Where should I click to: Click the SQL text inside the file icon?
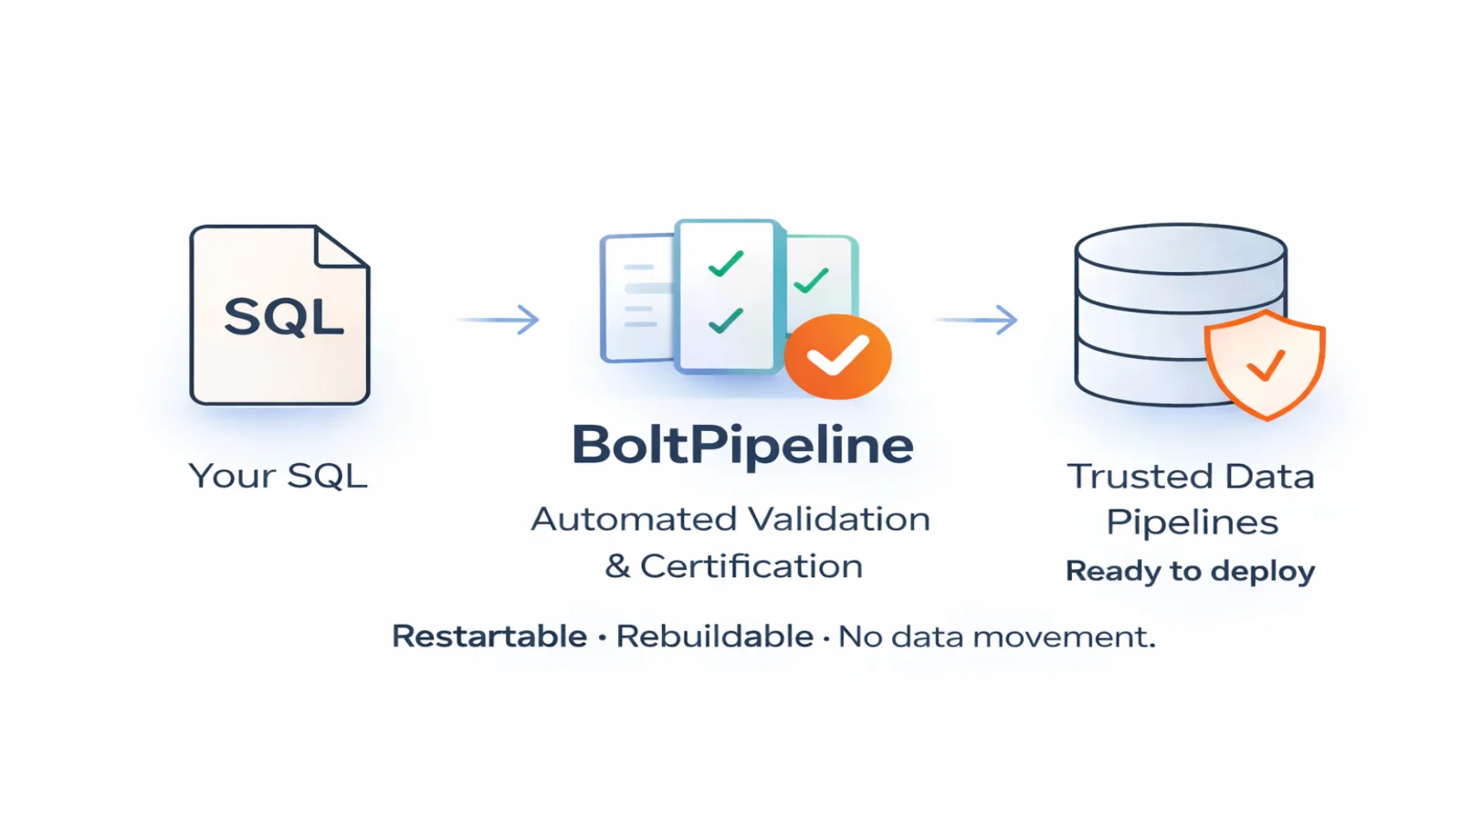283,317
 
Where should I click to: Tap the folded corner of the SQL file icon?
340,248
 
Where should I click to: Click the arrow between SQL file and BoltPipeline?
499,319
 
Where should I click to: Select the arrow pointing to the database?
978,319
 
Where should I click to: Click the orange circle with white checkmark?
837,356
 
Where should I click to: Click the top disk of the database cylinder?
1180,248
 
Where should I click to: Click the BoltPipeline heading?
741,445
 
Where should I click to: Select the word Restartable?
489,636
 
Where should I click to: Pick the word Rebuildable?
714,636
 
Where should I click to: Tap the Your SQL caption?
278,476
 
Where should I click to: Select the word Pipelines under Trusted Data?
1192,522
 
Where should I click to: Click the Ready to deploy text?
1190,571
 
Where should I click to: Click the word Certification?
751,566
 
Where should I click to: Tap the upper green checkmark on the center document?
726,264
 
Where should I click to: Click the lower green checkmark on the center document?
726,321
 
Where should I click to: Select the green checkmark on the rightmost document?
811,280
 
